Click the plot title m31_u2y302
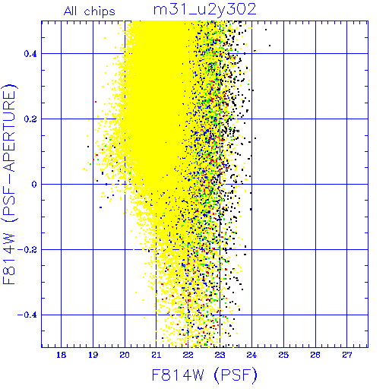tap(205, 9)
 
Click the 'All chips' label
tap(90, 11)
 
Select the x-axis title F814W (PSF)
tap(204, 375)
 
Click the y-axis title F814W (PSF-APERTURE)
tap(9, 185)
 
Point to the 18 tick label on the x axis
tap(61, 355)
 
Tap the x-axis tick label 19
tap(93, 355)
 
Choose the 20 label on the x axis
tap(125, 355)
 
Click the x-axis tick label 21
tap(157, 355)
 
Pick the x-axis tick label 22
tap(188, 355)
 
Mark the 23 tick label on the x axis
tap(220, 355)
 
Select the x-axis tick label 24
tap(251, 355)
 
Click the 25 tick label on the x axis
tap(283, 355)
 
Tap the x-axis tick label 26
tap(315, 355)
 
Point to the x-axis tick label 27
tap(347, 355)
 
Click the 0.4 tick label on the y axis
tap(30, 54)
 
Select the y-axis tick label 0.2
tap(30, 119)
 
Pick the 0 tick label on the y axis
tap(34, 185)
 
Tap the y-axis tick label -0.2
tap(27, 250)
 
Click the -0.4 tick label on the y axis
tap(27, 315)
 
